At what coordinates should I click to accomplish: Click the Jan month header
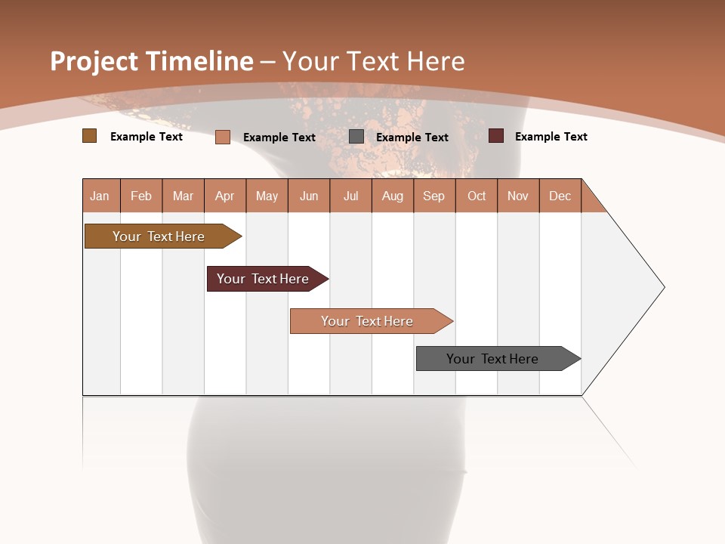(x=100, y=196)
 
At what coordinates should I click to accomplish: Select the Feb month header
(x=141, y=196)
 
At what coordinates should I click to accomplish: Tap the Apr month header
(x=224, y=196)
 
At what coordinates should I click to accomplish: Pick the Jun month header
(x=309, y=196)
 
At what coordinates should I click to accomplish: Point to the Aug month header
(x=392, y=196)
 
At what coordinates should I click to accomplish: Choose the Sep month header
(x=433, y=196)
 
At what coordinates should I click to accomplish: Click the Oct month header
(x=477, y=196)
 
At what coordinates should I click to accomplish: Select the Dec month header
(x=560, y=196)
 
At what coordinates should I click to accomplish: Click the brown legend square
(x=89, y=136)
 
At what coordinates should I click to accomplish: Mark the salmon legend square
(x=222, y=137)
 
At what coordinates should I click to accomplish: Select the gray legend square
(x=356, y=137)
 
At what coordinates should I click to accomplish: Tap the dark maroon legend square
(x=495, y=136)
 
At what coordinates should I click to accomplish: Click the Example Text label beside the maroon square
(x=551, y=137)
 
